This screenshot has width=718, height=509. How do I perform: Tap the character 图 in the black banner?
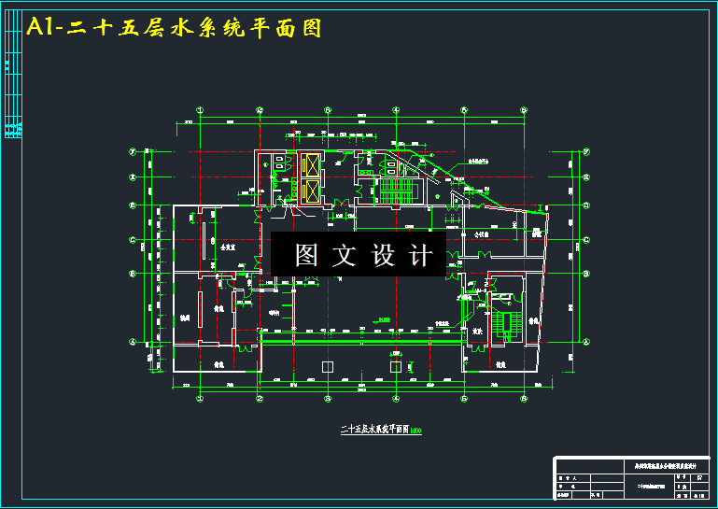pos(306,255)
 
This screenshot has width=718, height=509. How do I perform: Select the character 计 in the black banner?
pos(421,255)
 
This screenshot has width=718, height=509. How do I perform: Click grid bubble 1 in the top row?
pos(199,109)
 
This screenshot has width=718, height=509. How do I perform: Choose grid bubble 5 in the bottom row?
pos(464,398)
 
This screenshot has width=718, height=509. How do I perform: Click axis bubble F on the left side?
pos(133,151)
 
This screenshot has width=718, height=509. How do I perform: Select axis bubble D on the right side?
pos(585,205)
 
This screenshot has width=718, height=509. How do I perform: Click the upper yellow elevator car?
pos(310,163)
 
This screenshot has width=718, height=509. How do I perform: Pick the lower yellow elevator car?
pos(310,191)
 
